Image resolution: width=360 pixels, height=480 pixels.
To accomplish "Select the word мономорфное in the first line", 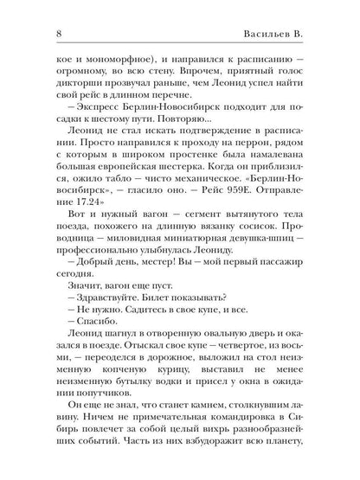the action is [89, 52].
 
